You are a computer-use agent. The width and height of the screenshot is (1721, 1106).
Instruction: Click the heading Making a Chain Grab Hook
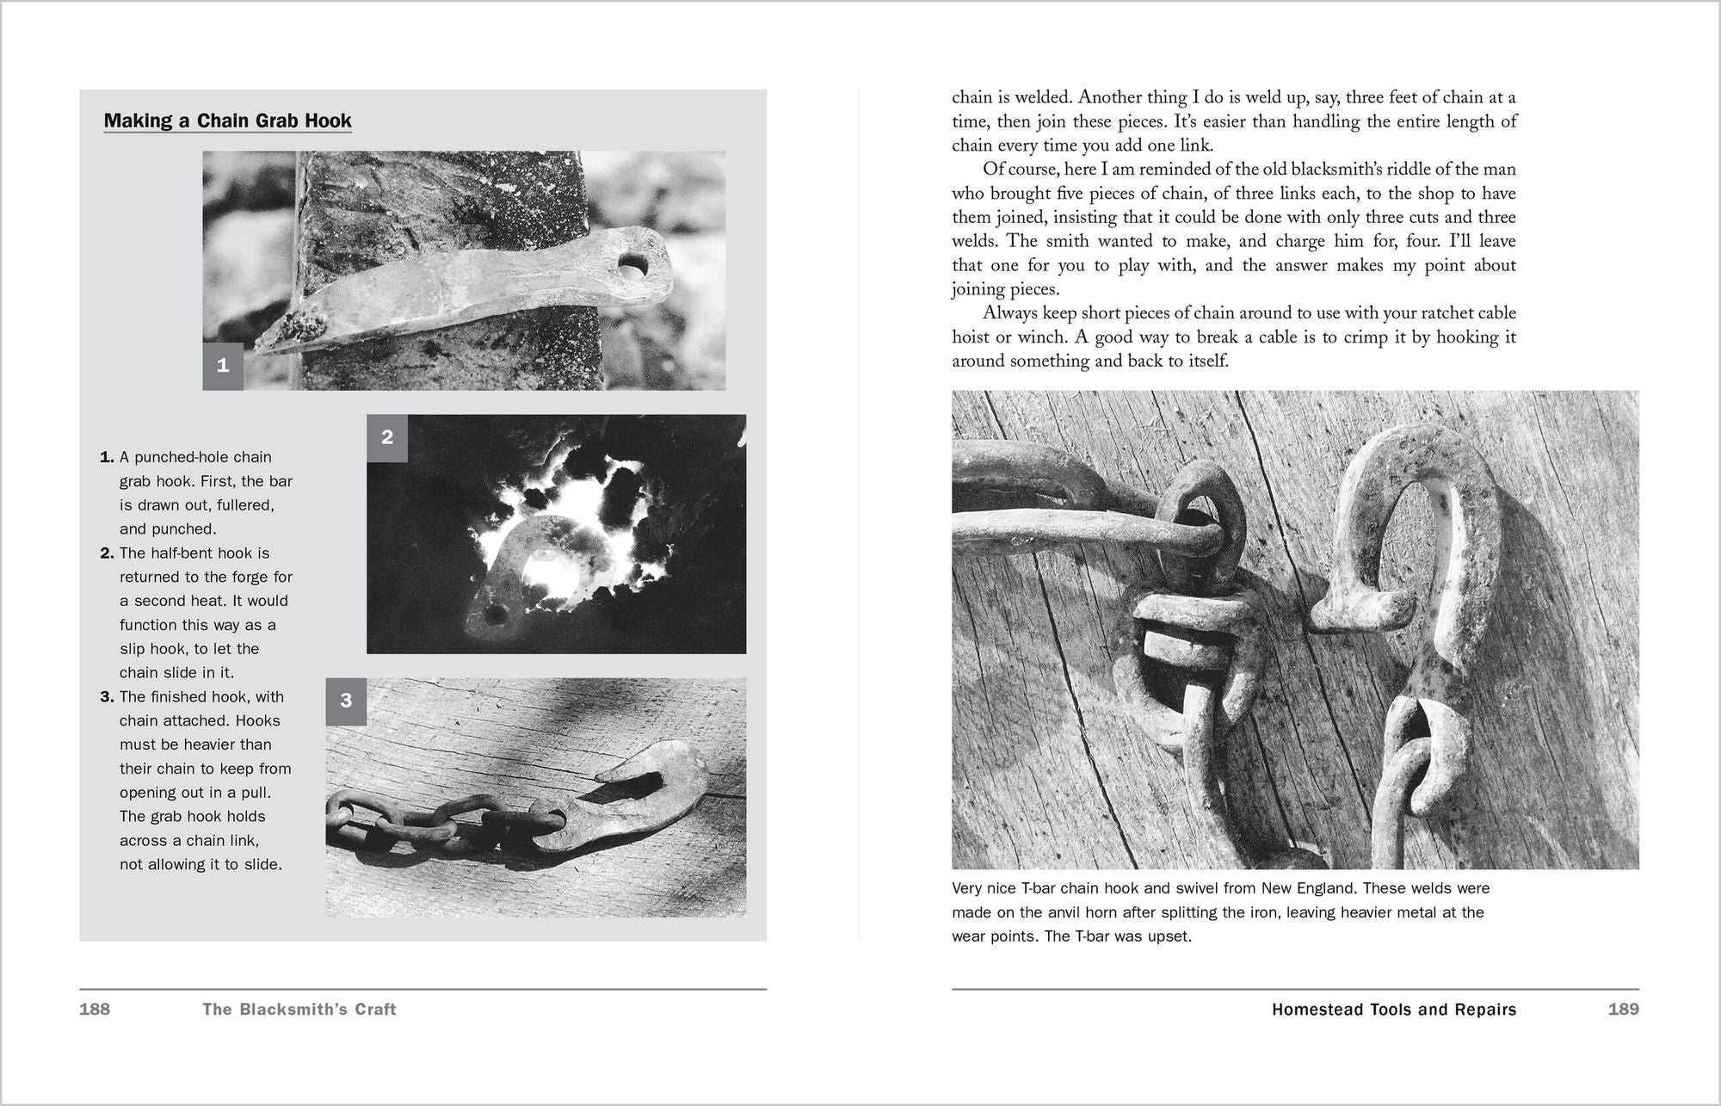(x=227, y=120)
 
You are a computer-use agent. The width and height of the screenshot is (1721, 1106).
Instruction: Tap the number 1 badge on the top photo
(x=223, y=366)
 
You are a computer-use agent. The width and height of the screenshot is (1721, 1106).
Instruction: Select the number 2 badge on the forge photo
(x=387, y=436)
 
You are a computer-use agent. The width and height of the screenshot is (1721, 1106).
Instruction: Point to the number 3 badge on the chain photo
(x=346, y=701)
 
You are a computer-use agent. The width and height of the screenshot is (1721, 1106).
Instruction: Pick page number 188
(x=95, y=1009)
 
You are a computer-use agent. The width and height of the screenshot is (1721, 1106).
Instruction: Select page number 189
(x=1623, y=1009)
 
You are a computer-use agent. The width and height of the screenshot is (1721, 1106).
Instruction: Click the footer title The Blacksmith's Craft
(x=299, y=1009)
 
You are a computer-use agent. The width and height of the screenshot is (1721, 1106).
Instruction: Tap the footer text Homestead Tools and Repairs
(x=1394, y=1009)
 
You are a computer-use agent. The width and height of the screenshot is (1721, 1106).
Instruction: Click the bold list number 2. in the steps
(x=108, y=553)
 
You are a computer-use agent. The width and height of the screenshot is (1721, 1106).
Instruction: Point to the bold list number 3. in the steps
(x=108, y=697)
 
